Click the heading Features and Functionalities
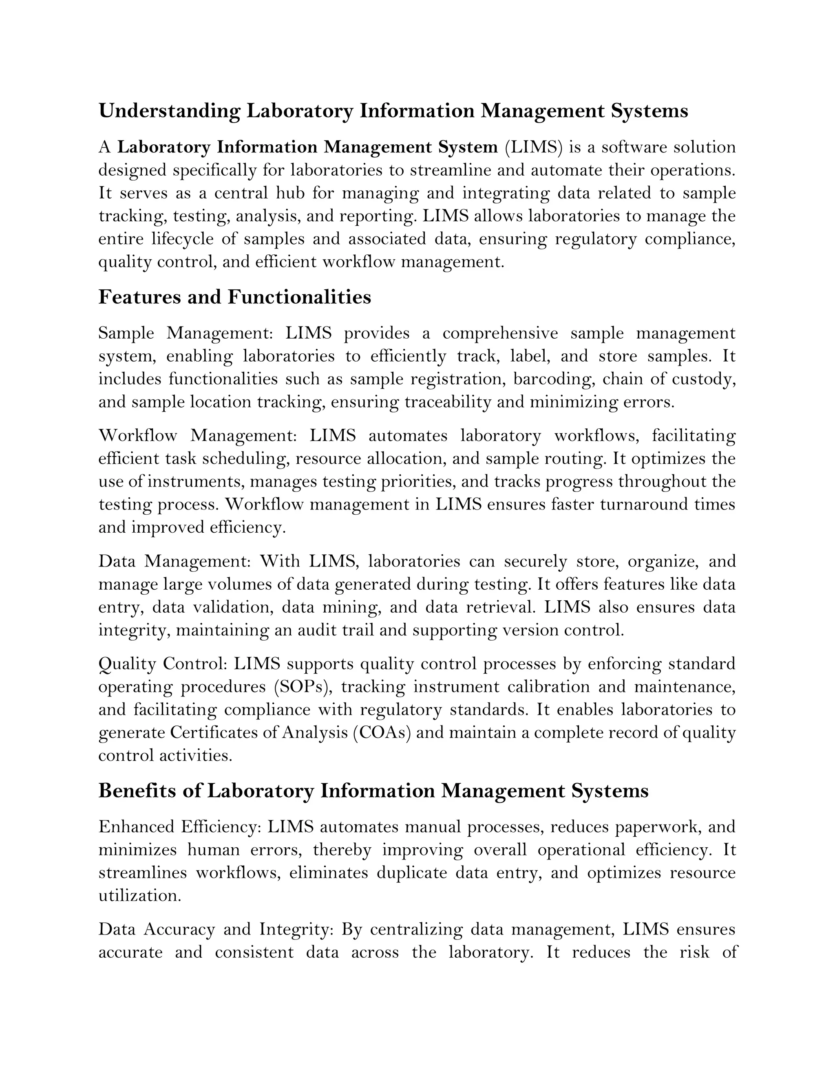234,297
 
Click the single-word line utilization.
140,895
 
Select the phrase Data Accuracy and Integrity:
215,929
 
